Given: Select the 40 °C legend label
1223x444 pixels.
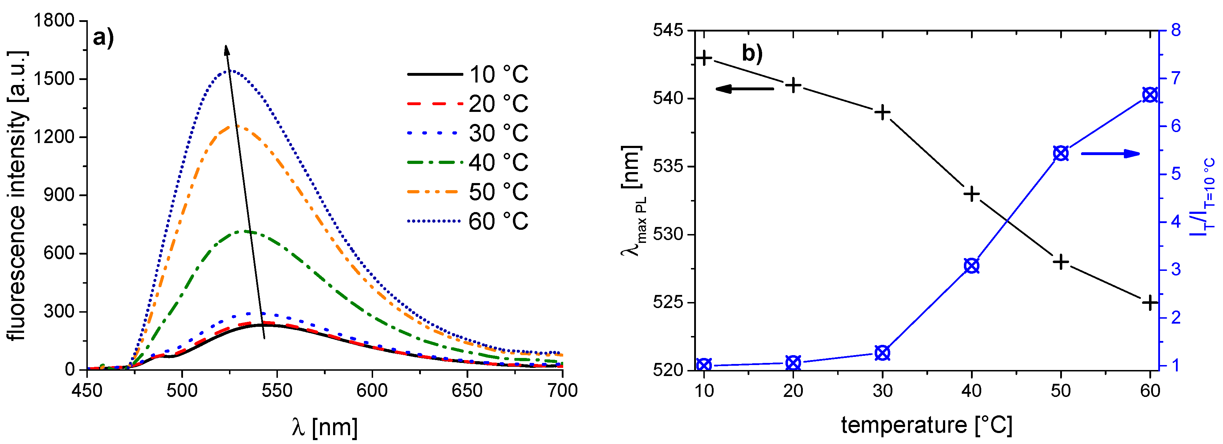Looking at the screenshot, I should click(498, 163).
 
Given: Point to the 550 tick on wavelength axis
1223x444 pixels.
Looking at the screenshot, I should click(277, 390).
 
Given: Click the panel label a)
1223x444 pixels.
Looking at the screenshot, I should click(103, 38).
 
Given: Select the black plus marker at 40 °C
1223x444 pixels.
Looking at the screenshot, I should click(972, 194).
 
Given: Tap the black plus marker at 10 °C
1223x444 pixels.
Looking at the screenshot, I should click(704, 58).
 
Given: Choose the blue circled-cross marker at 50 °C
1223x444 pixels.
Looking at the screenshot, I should click(1061, 153).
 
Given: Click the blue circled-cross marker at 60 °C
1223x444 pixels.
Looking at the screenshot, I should click(1149, 95).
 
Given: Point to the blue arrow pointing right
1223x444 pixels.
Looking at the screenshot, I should click(1110, 153).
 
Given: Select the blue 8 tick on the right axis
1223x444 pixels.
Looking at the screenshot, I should click(1176, 30).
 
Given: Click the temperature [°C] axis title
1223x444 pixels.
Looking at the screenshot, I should click(926, 425).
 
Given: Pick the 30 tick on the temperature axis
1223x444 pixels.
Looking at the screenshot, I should click(882, 390).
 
